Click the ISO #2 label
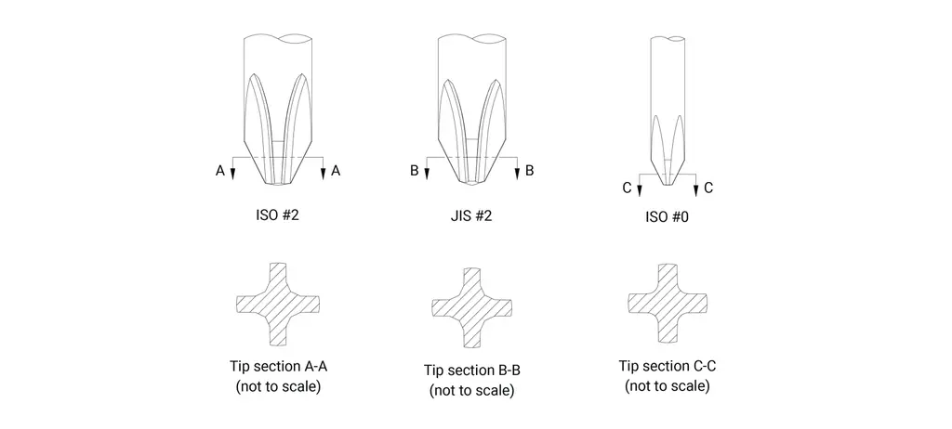[x=277, y=214]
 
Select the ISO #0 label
[x=668, y=216]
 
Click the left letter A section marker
[x=219, y=172]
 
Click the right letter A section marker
[x=336, y=172]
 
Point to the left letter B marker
[x=414, y=171]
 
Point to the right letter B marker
[x=529, y=171]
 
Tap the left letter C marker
[x=628, y=188]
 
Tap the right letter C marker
[x=707, y=188]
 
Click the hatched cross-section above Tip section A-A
[x=277, y=304]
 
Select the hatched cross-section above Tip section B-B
[x=471, y=307]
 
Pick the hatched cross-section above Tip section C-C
[x=668, y=302]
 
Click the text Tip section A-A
[x=279, y=367]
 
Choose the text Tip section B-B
[x=471, y=370]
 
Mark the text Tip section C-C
[x=668, y=367]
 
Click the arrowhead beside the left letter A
[x=232, y=173]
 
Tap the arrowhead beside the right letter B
[x=517, y=173]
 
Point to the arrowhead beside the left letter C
[x=640, y=190]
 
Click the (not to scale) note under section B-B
[x=471, y=390]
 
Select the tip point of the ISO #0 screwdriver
[x=668, y=185]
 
